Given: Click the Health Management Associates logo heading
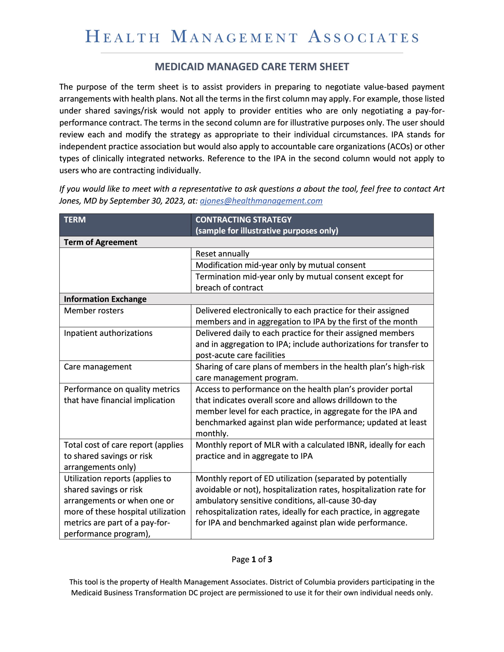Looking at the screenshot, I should coord(252,37).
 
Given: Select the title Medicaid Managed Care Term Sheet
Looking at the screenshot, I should coord(252,66).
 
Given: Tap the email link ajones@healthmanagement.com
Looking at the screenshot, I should coord(261,201).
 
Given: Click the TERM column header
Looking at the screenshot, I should coord(75,220).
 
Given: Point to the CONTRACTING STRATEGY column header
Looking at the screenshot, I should coord(244,220).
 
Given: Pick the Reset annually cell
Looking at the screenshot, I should coord(222,254).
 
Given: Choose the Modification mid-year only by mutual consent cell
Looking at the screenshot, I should coord(281,265).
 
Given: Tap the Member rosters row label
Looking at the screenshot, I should coord(94,310).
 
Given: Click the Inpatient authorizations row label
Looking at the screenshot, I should coord(108,333).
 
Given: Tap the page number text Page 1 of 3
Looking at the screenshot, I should coord(252,560).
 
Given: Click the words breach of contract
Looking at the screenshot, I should coord(229,288).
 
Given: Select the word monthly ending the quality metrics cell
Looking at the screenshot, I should coord(211,433).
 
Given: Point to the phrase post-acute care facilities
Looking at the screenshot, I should coord(240,355).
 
